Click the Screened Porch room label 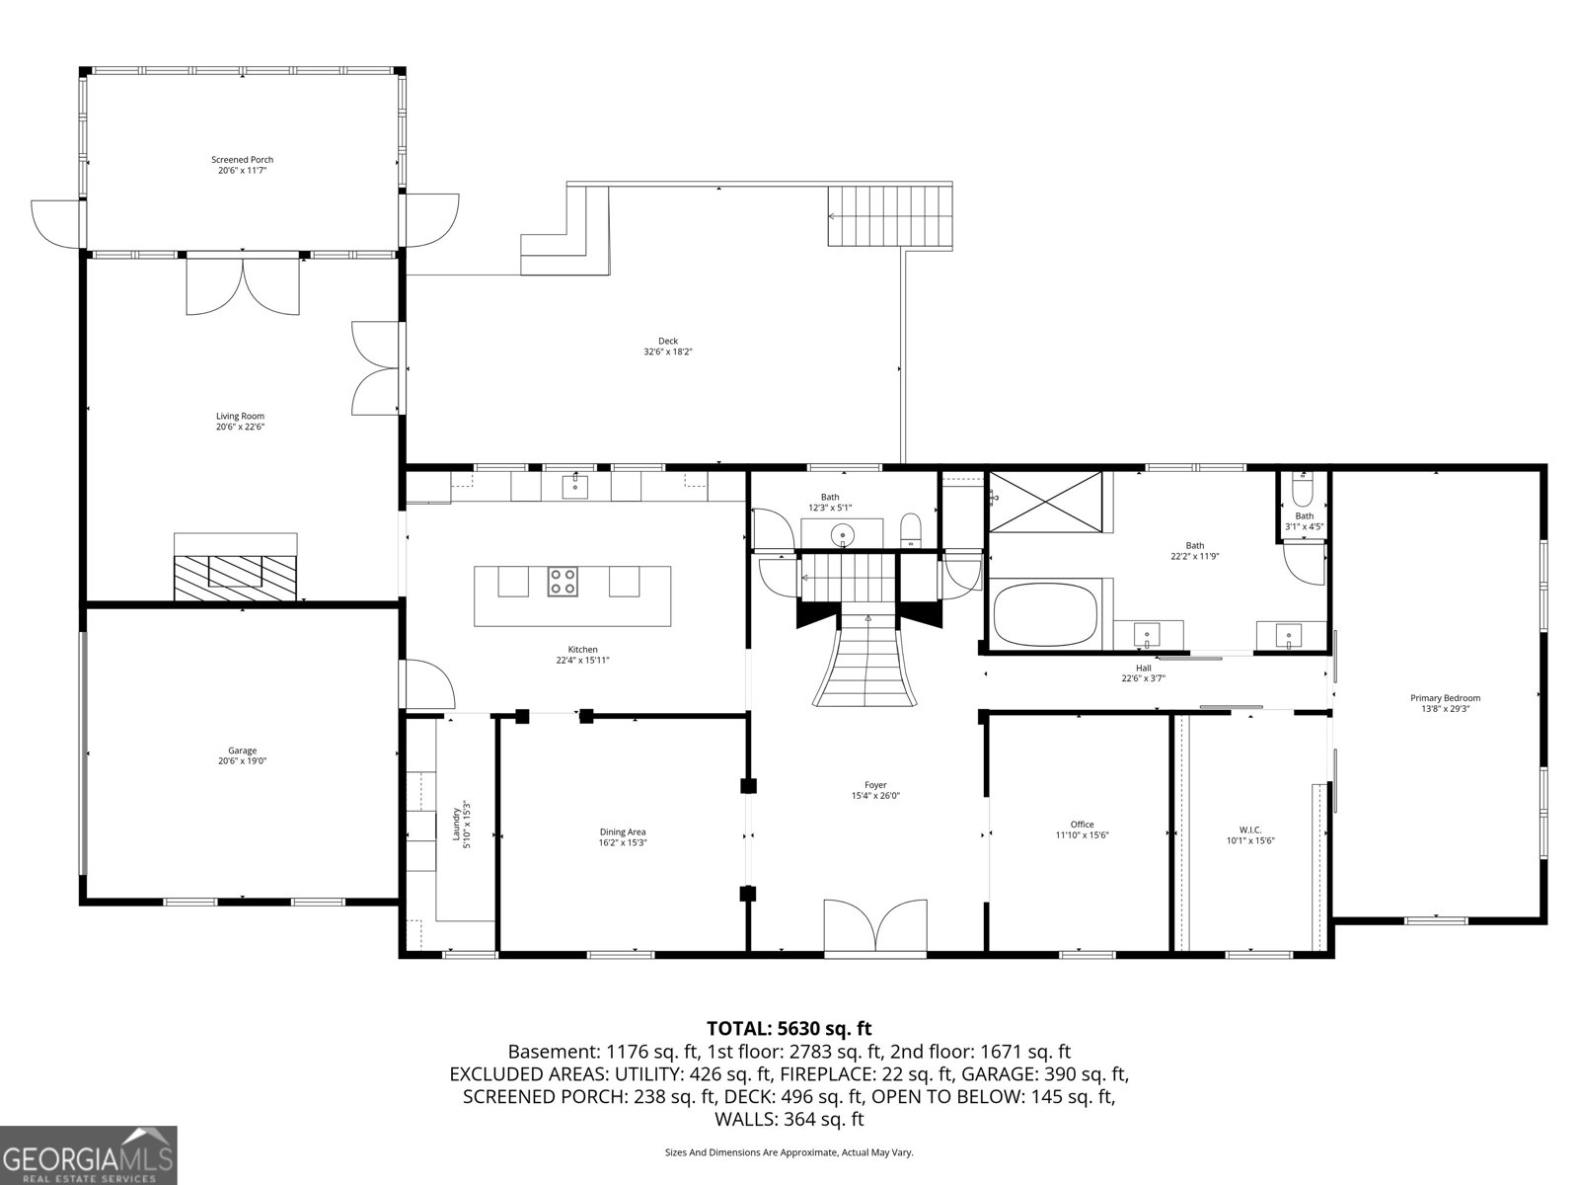(x=242, y=159)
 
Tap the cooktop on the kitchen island (x=563, y=582)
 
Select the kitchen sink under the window (x=575, y=486)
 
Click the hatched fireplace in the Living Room (x=236, y=577)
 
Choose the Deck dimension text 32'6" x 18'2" (x=668, y=352)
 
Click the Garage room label (x=242, y=750)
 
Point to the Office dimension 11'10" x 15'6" (x=1082, y=835)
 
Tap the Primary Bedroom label (x=1445, y=698)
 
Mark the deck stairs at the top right (x=890, y=216)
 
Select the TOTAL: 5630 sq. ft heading (x=789, y=1029)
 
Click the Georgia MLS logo (x=89, y=1155)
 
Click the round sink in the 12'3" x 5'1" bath (x=842, y=535)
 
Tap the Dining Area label (x=622, y=831)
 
